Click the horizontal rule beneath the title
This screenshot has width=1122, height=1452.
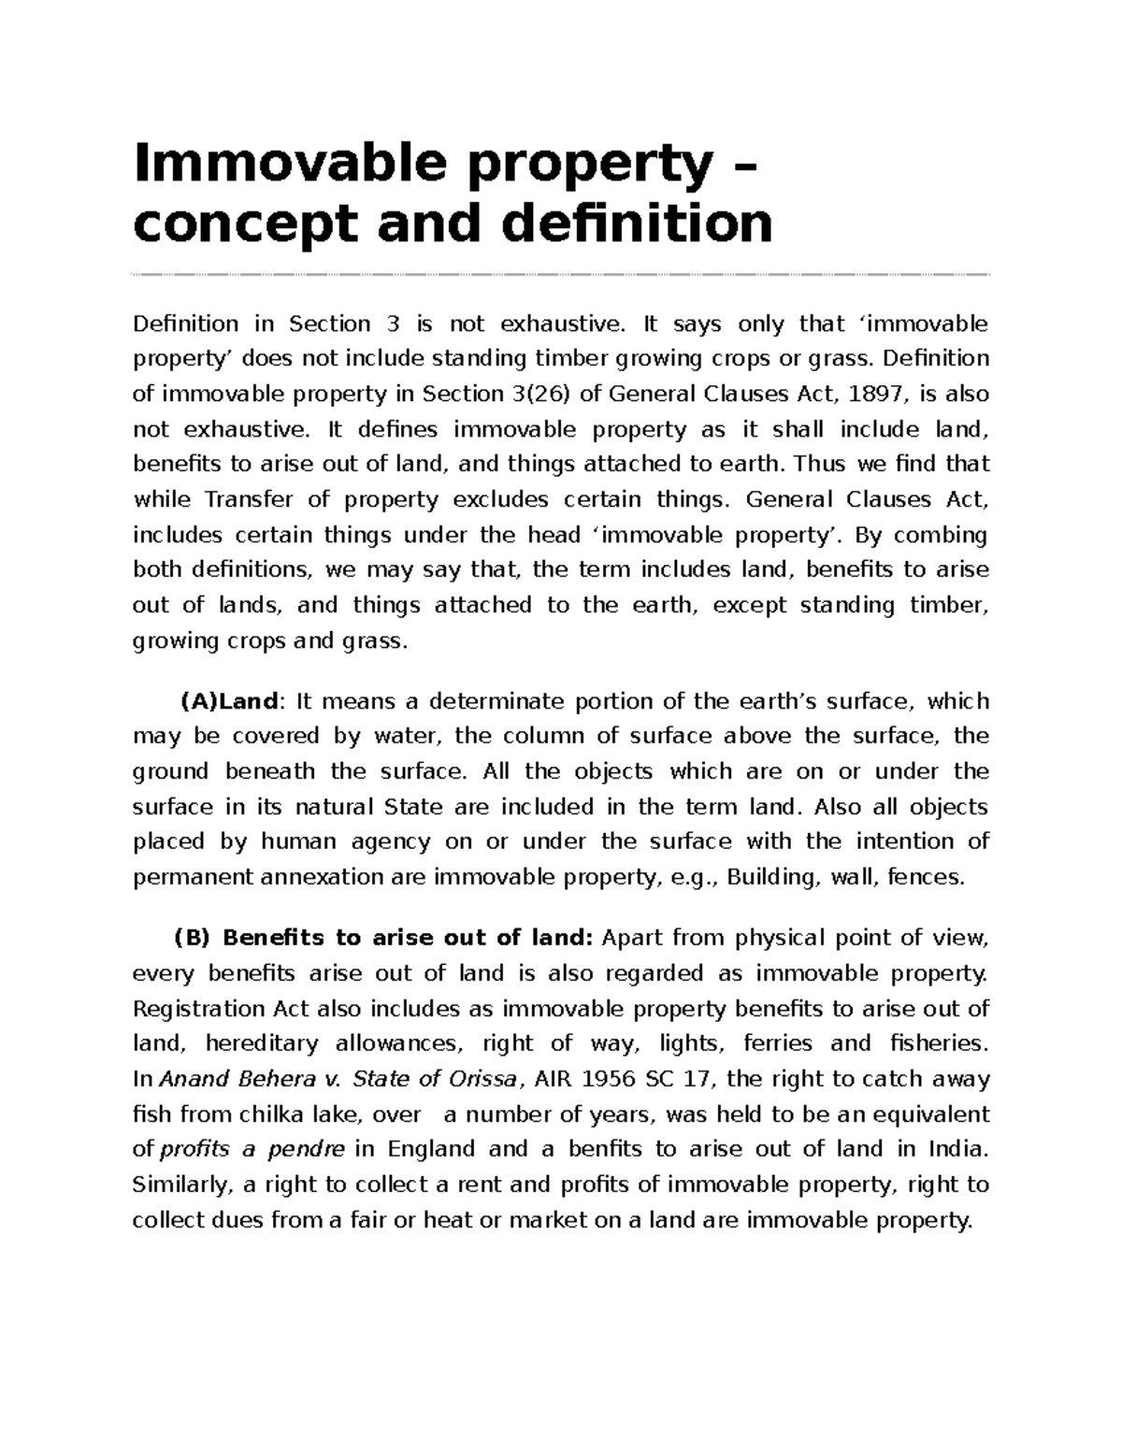[561, 275]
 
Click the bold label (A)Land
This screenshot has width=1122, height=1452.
[229, 701]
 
